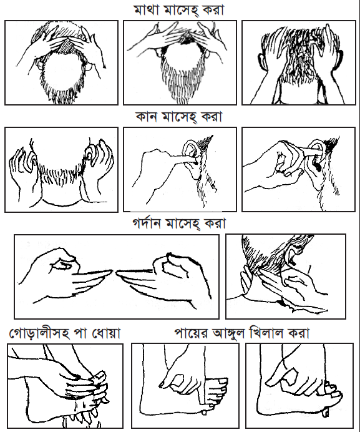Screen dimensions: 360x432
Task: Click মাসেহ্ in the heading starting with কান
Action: coord(179,117)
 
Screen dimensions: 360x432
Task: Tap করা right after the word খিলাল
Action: coord(299,333)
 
